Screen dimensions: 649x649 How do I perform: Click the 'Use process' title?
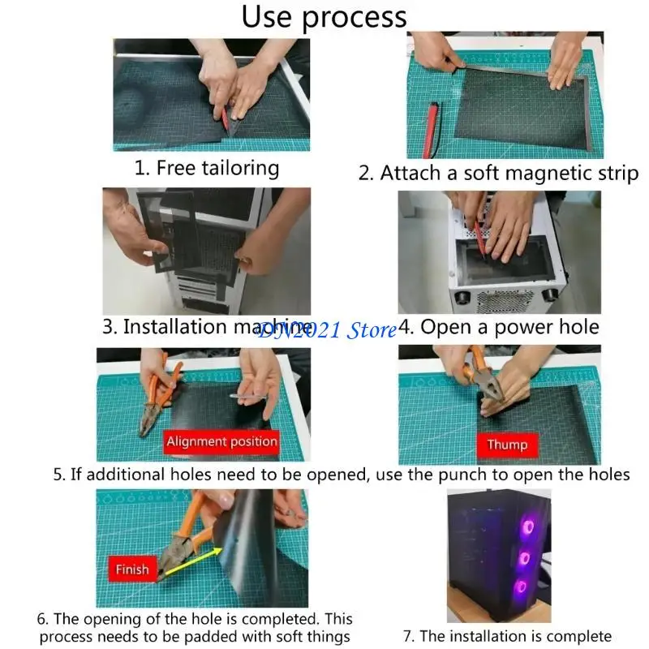324,17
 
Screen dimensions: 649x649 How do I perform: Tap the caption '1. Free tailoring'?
207,169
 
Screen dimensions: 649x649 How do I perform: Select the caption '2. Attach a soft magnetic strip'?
498,173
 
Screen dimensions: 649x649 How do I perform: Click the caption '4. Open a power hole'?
499,327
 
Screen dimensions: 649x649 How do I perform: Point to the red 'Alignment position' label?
221,441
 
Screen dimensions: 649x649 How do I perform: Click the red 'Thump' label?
508,445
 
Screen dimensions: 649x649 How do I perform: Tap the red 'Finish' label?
132,569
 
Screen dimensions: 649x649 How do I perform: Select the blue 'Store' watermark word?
372,330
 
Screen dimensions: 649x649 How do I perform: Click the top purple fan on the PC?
528,527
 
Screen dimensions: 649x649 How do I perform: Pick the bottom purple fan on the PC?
521,587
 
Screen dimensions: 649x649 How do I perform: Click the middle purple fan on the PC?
524,558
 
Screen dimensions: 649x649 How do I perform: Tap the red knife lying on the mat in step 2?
431,130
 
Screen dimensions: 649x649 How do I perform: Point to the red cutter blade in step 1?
225,118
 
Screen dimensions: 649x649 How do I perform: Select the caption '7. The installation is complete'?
508,636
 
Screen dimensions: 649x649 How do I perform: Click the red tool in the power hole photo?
479,239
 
